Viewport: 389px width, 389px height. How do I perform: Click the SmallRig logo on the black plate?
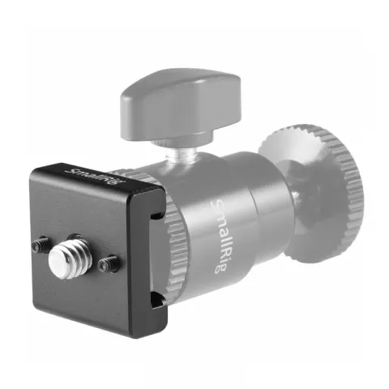coord(95,177)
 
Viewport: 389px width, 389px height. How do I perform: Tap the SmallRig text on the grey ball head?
coord(219,235)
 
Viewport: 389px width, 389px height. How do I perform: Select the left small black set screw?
coord(40,245)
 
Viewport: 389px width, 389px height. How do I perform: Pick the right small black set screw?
coord(108,263)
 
